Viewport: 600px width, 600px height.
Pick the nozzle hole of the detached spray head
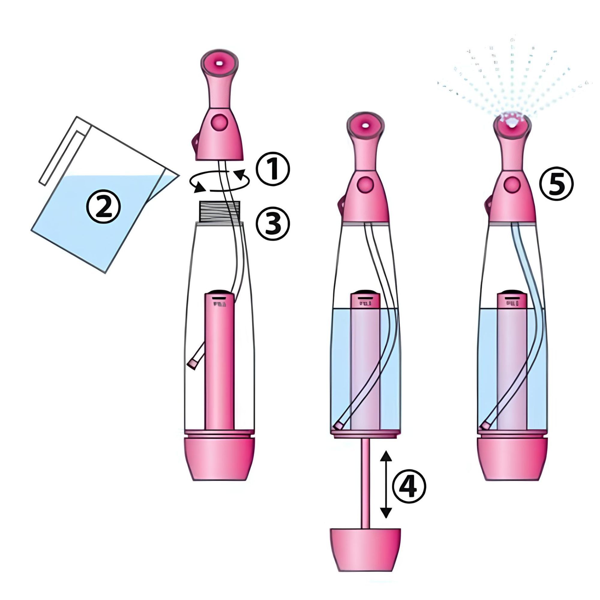click(220, 63)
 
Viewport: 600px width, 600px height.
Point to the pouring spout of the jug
click(169, 178)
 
